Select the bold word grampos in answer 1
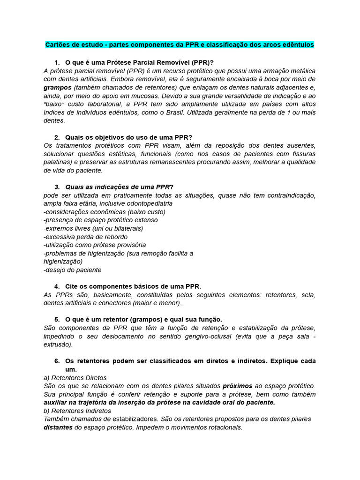point(57,87)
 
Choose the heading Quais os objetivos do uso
point(126,137)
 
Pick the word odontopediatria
point(147,203)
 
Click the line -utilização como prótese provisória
point(94,245)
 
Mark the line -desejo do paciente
point(72,270)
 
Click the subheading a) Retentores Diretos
point(75,377)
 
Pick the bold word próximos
point(237,386)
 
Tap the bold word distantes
point(58,427)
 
